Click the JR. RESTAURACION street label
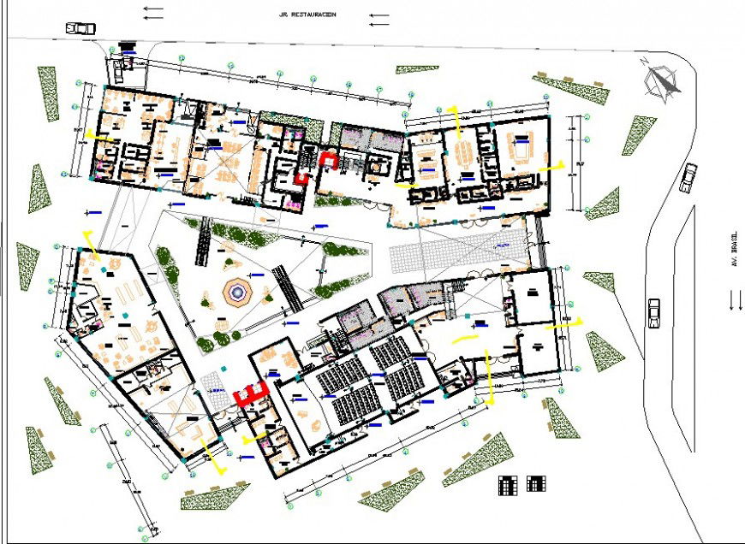click(x=307, y=15)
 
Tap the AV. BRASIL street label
click(x=734, y=254)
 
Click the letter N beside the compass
click(x=645, y=61)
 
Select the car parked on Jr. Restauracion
click(x=80, y=27)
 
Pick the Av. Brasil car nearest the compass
click(x=689, y=178)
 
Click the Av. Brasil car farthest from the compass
click(x=655, y=312)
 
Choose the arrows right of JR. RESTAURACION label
click(x=378, y=16)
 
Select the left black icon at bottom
click(x=508, y=485)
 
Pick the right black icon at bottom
click(x=537, y=485)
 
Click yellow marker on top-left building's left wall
click(x=103, y=137)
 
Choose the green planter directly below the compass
click(x=638, y=134)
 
